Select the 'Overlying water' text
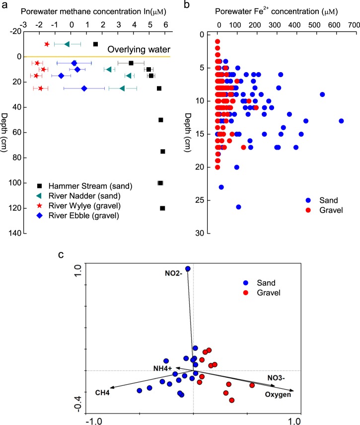pos(141,49)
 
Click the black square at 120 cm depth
pos(162,208)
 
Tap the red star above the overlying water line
pos(47,44)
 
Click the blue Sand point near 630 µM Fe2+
pos(341,121)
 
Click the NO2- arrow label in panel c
pos(174,273)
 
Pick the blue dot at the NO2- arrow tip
pos(188,269)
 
